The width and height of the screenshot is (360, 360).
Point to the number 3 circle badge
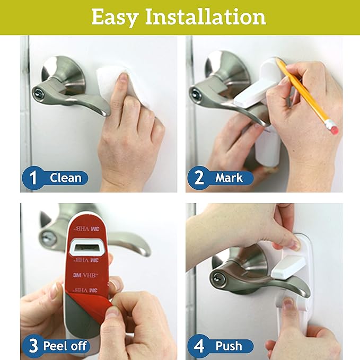point(33,346)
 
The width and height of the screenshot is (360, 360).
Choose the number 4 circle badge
point(199,346)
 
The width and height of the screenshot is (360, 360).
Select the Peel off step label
point(66,346)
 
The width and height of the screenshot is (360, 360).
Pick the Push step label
point(229,346)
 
